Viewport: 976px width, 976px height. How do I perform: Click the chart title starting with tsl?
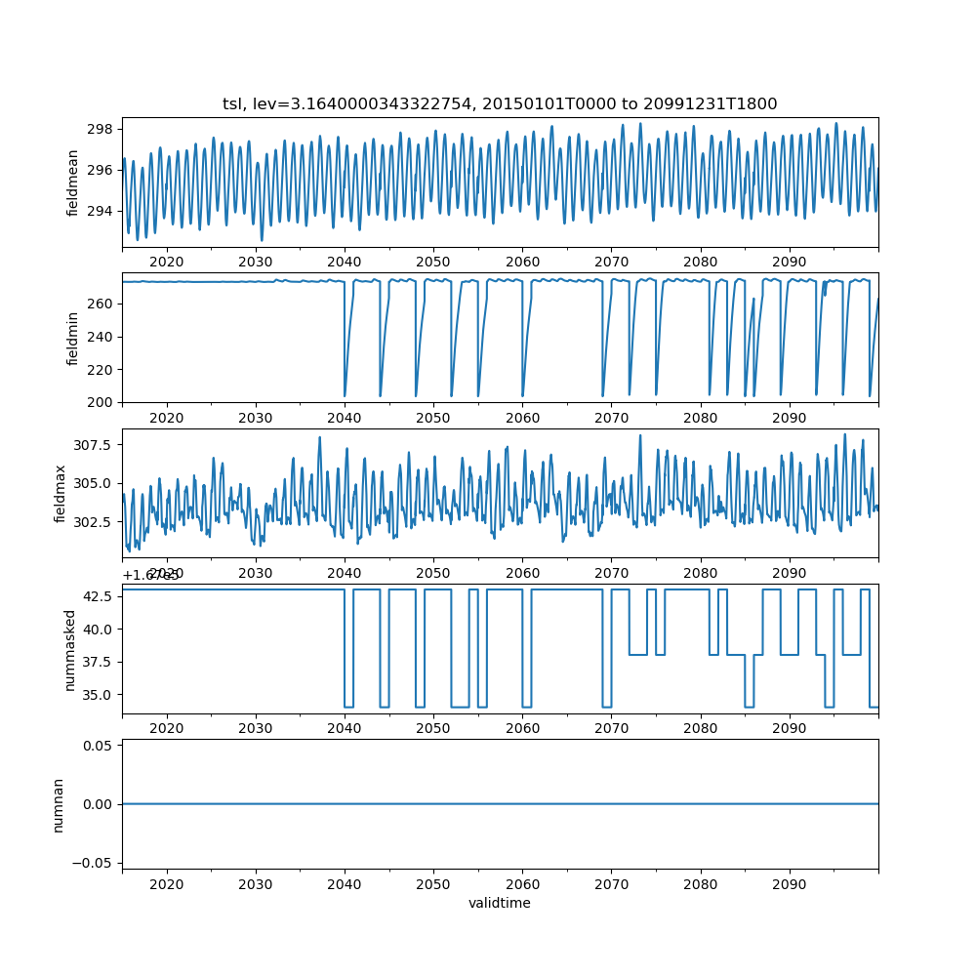point(500,104)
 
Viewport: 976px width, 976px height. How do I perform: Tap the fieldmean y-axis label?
point(73,183)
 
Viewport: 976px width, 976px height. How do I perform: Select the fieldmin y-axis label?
point(73,338)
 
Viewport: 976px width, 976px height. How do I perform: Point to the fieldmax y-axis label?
point(61,493)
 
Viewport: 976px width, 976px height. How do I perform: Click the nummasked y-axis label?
point(69,649)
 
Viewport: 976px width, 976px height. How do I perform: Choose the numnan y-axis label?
point(58,804)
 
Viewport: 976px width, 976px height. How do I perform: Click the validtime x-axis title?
point(500,904)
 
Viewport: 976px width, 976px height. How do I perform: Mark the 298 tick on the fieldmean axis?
point(102,129)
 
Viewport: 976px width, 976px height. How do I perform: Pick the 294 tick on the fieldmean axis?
point(102,211)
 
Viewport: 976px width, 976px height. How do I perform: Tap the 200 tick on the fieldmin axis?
point(102,402)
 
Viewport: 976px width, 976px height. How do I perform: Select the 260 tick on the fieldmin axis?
point(102,304)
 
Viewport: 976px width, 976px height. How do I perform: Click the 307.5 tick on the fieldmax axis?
point(96,445)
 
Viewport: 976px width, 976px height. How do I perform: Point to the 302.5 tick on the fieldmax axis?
point(96,522)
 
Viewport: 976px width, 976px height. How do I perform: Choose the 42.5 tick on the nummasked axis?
point(99,596)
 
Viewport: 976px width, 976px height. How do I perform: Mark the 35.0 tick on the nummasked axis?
point(99,694)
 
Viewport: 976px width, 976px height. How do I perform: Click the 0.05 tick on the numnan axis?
point(99,746)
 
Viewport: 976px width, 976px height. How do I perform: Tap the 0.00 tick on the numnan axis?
point(99,804)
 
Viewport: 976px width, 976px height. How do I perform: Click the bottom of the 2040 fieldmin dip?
point(346,395)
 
